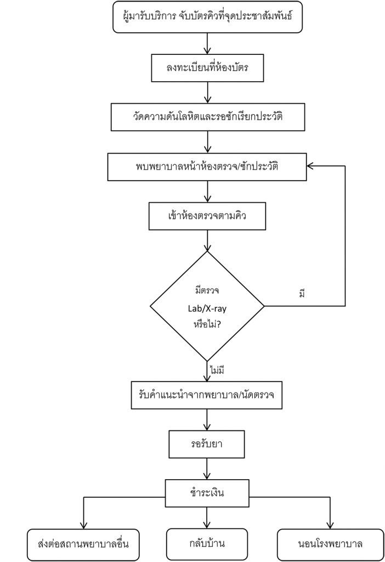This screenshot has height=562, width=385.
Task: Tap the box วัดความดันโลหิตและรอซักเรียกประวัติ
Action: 207,116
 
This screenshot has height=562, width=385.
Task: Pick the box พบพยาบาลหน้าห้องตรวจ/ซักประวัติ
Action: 207,166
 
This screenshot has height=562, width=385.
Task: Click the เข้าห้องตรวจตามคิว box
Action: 207,216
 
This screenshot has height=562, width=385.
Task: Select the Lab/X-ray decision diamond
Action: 207,305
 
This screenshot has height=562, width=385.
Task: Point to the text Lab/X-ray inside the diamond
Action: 207,308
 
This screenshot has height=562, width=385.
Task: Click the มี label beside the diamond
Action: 302,293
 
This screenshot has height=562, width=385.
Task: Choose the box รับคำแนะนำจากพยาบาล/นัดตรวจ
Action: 207,394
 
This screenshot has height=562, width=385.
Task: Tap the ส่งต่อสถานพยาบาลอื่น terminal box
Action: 82,544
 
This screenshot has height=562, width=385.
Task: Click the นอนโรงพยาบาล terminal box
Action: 331,544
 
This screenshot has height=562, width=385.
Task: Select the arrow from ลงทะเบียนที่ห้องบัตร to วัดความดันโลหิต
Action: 207,92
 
